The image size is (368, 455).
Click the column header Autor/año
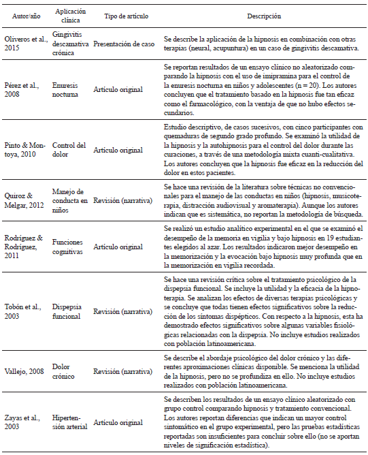pos(22,15)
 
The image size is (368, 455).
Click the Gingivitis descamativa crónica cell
pos(73,42)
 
